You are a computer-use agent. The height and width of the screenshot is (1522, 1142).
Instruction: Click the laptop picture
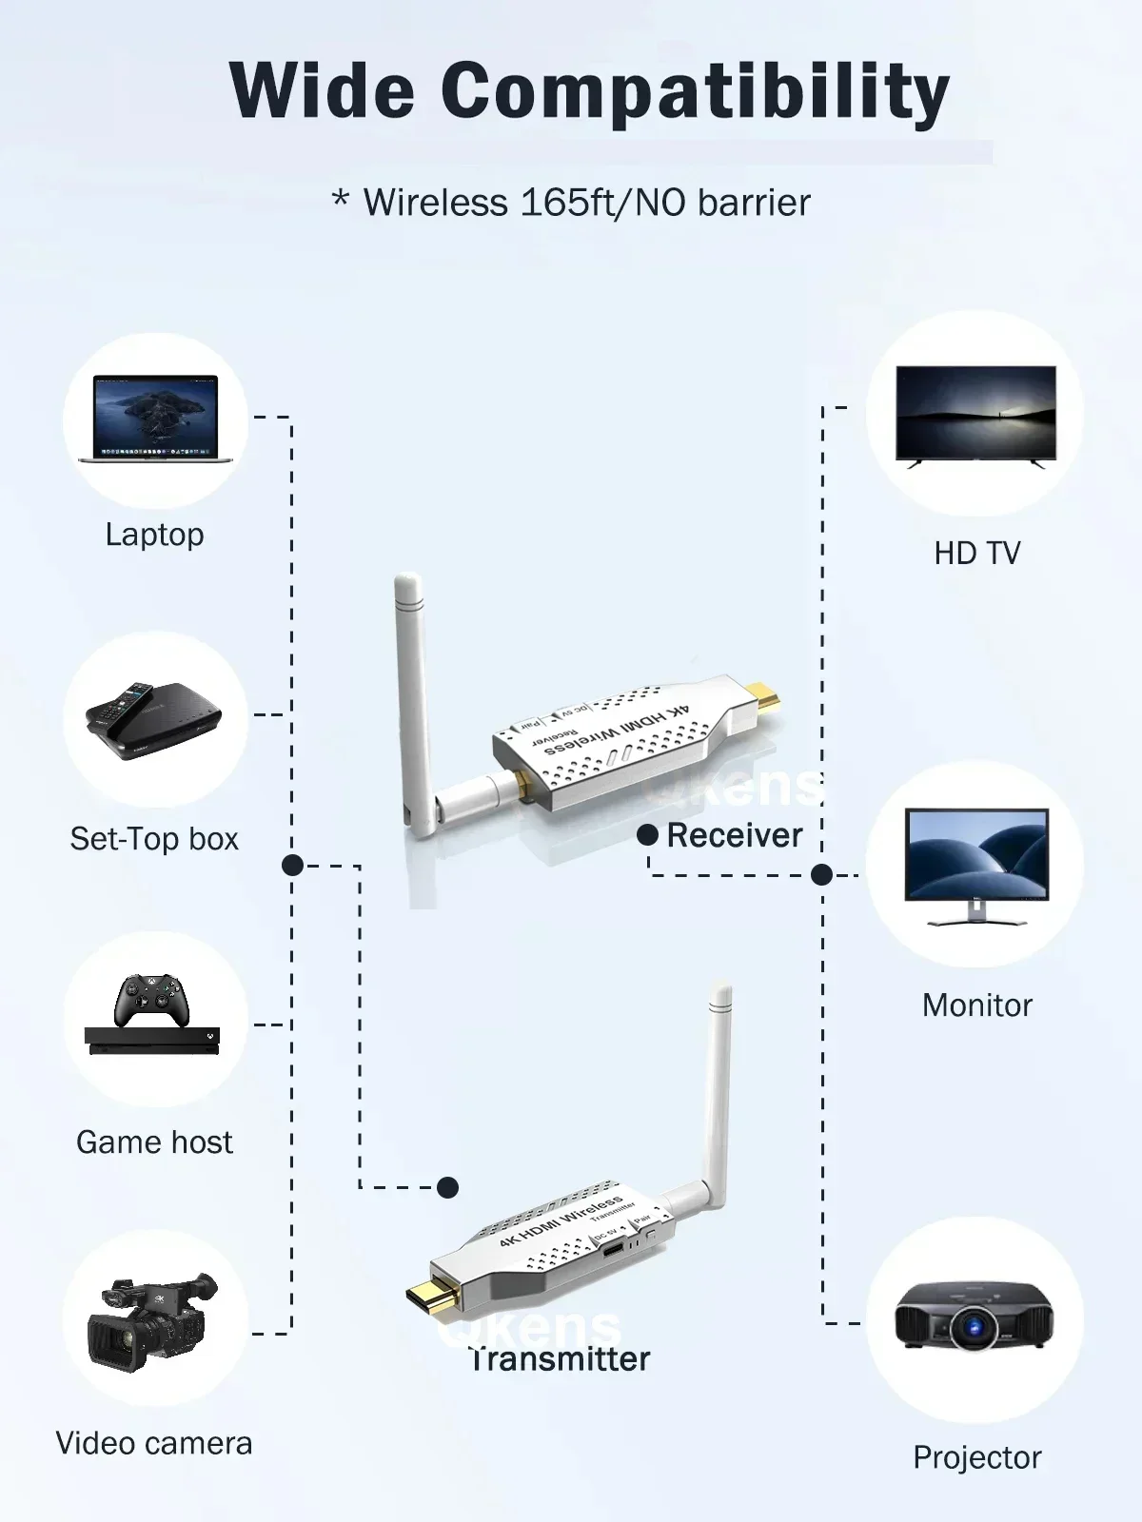(155, 419)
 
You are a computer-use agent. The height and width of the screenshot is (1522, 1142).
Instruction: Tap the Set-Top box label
(154, 839)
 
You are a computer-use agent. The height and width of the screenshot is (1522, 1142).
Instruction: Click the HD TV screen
(975, 413)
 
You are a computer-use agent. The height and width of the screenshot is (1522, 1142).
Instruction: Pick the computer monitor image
(976, 862)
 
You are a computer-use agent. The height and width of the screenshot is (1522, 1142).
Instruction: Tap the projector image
(974, 1317)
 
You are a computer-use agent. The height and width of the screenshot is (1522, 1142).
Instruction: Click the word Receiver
(735, 835)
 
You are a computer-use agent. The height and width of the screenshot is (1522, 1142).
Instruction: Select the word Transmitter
(560, 1359)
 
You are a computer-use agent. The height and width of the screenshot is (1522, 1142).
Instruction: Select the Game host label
(154, 1142)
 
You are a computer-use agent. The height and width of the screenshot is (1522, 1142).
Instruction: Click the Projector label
(977, 1457)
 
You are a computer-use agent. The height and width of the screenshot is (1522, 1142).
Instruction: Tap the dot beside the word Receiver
(648, 835)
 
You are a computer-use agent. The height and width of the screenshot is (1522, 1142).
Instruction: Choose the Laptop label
(154, 535)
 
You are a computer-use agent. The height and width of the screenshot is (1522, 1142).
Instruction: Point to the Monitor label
(977, 1005)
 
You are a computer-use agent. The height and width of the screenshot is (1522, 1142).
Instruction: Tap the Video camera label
(154, 1444)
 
